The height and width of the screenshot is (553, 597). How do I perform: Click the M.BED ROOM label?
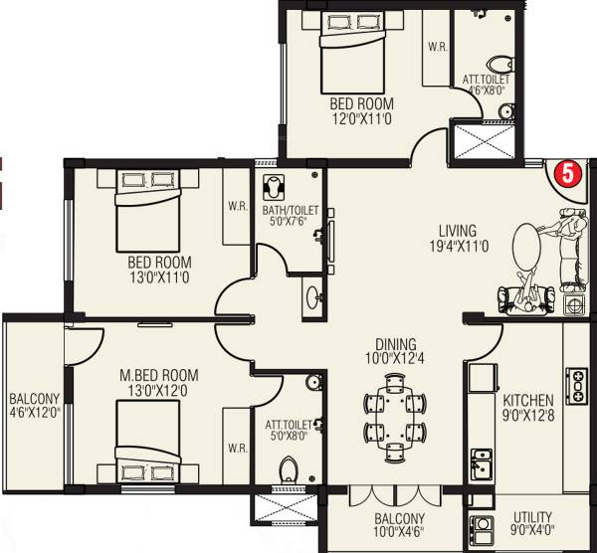tap(158, 375)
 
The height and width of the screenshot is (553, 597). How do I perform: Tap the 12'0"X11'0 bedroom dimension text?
tap(361, 118)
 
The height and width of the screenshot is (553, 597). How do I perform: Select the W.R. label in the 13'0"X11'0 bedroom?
tap(237, 207)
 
